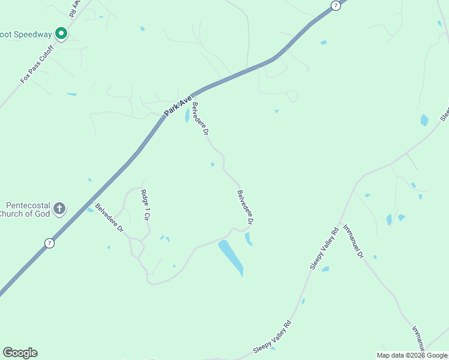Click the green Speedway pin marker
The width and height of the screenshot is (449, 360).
[61, 34]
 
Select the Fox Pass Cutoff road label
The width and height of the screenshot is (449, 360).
[37, 64]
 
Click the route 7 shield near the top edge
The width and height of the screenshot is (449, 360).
[336, 5]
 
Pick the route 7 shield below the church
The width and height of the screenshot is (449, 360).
[49, 243]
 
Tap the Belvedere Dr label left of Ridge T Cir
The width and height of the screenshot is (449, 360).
[109, 218]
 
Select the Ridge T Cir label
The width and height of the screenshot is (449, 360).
[145, 205]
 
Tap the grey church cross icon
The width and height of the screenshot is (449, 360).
[59, 209]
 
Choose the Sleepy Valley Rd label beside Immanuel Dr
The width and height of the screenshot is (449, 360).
[324, 247]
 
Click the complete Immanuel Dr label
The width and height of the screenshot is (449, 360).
[353, 241]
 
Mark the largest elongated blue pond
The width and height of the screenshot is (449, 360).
[231, 257]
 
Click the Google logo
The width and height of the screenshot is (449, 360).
[20, 353]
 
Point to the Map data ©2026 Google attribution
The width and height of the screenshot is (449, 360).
[412, 355]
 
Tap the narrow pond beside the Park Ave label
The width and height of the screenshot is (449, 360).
[187, 115]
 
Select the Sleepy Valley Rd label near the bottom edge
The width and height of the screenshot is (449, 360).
[276, 337]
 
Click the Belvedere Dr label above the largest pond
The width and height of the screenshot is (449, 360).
[245, 208]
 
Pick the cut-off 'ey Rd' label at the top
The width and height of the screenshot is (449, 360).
[76, 8]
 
